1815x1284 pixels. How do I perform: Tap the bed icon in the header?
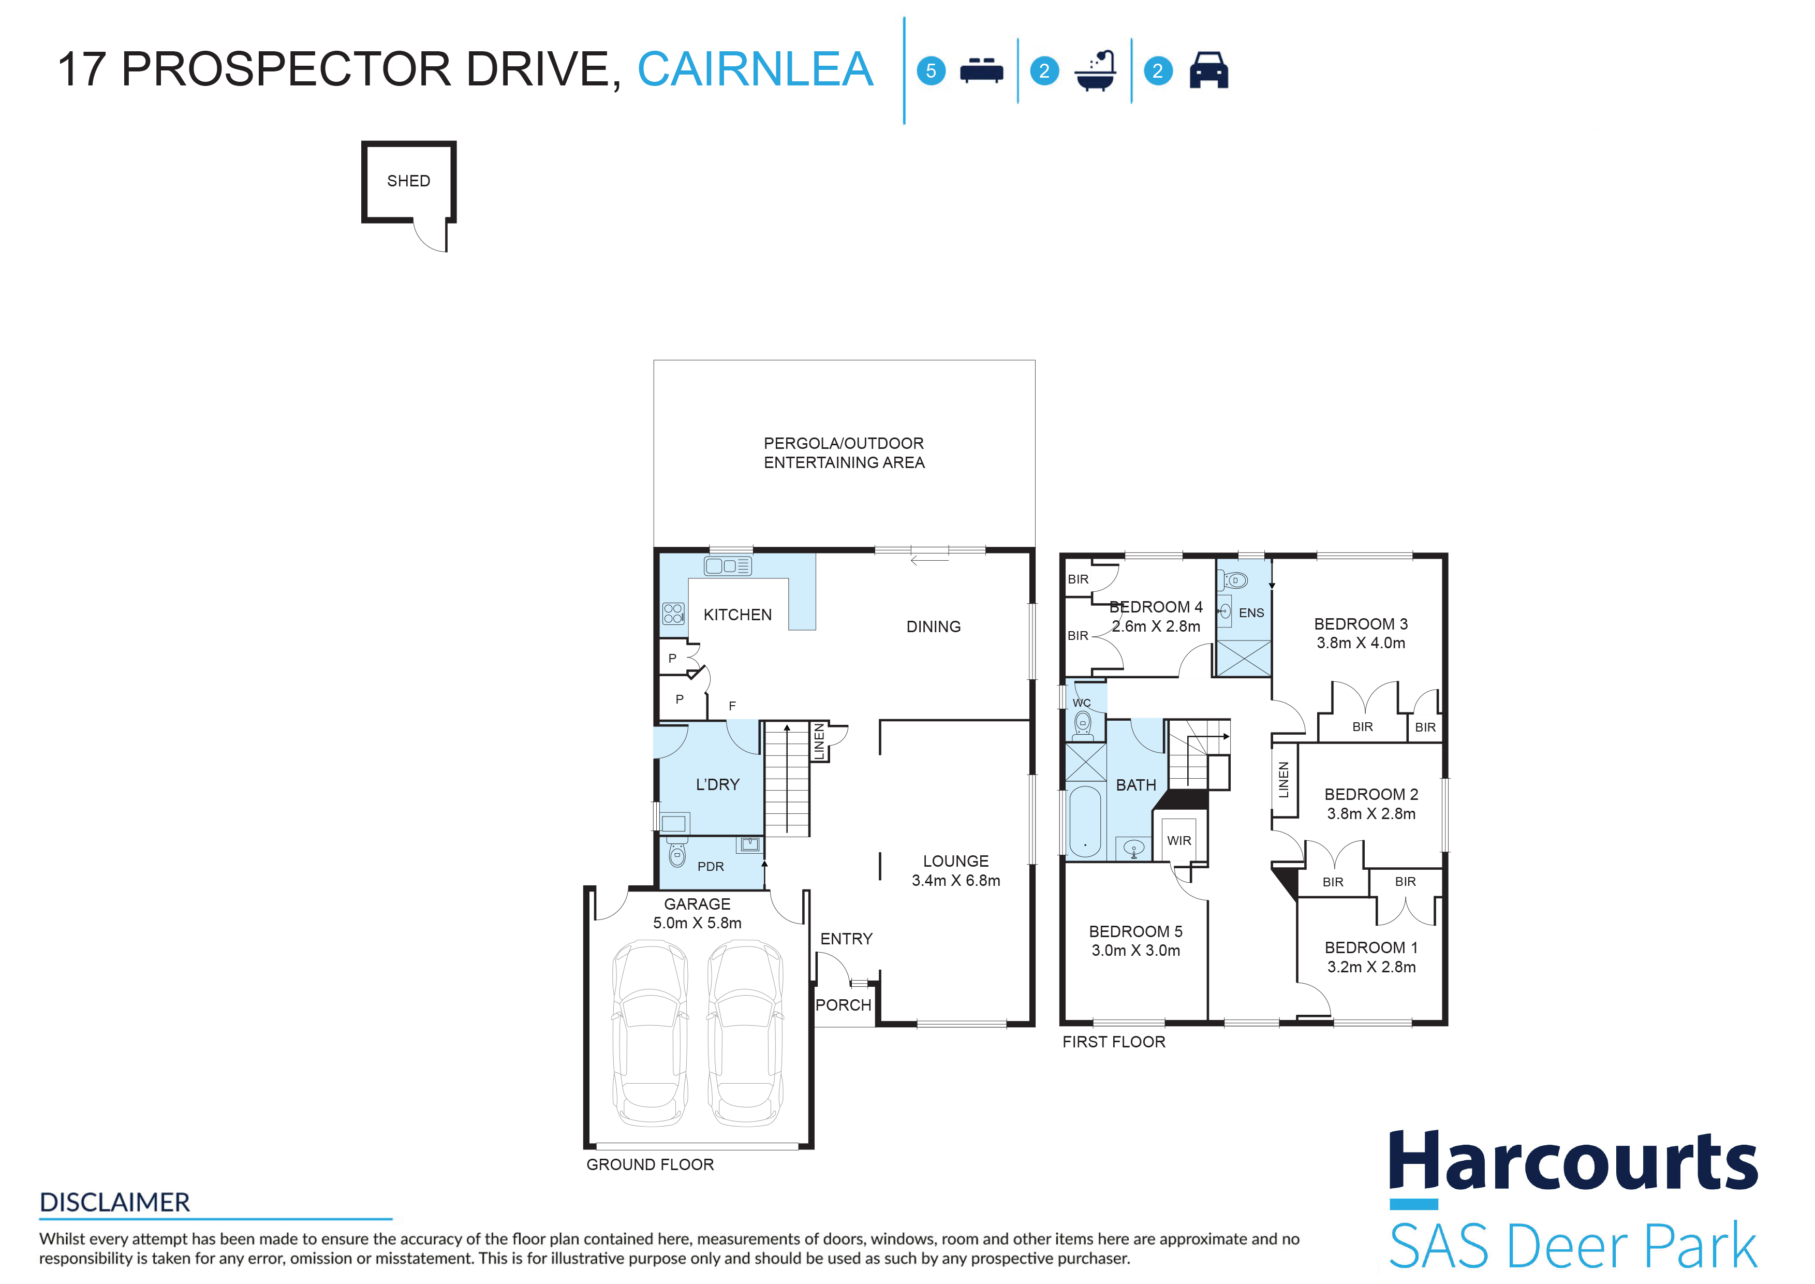coord(981,70)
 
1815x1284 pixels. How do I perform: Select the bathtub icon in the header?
coord(1095,71)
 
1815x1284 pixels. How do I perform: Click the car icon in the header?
coord(1208,70)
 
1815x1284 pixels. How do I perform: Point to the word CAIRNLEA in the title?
coord(755,69)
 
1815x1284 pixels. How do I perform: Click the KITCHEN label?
coord(737,615)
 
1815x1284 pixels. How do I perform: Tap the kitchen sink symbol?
coord(727,566)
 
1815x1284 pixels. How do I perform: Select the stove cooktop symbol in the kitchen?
coord(673,614)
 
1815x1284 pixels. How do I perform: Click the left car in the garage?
coord(650,1032)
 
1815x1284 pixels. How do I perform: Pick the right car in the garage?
coord(745,1032)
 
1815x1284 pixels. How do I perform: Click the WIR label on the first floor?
coord(1178,840)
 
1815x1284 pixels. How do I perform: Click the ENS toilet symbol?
coord(1235,581)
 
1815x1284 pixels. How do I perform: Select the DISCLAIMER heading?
coord(114,1203)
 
